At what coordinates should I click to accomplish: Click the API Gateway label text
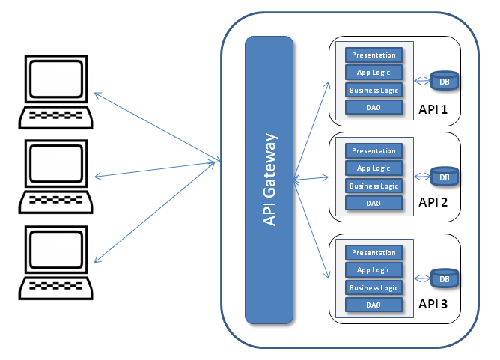(269, 180)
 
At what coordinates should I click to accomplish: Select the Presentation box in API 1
(374, 55)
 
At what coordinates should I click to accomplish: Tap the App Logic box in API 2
(374, 168)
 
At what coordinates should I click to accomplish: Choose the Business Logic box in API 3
(374, 287)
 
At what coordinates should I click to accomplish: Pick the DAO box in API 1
(374, 108)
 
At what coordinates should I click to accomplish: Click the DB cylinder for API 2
(445, 177)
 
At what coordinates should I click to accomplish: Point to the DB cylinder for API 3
(445, 278)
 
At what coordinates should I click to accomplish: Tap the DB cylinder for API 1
(445, 81)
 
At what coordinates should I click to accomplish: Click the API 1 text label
(433, 109)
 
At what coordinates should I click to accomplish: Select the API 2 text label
(433, 202)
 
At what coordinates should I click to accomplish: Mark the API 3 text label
(433, 304)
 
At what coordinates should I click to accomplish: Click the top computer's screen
(56, 79)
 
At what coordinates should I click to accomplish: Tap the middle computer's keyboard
(56, 202)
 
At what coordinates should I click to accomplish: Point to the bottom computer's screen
(56, 250)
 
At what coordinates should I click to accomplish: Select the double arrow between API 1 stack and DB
(422, 81)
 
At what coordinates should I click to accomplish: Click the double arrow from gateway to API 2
(311, 179)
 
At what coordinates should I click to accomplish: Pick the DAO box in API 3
(374, 305)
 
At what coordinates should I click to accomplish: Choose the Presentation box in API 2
(374, 151)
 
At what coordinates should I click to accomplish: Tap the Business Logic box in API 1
(374, 91)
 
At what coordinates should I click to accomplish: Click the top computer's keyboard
(56, 118)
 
